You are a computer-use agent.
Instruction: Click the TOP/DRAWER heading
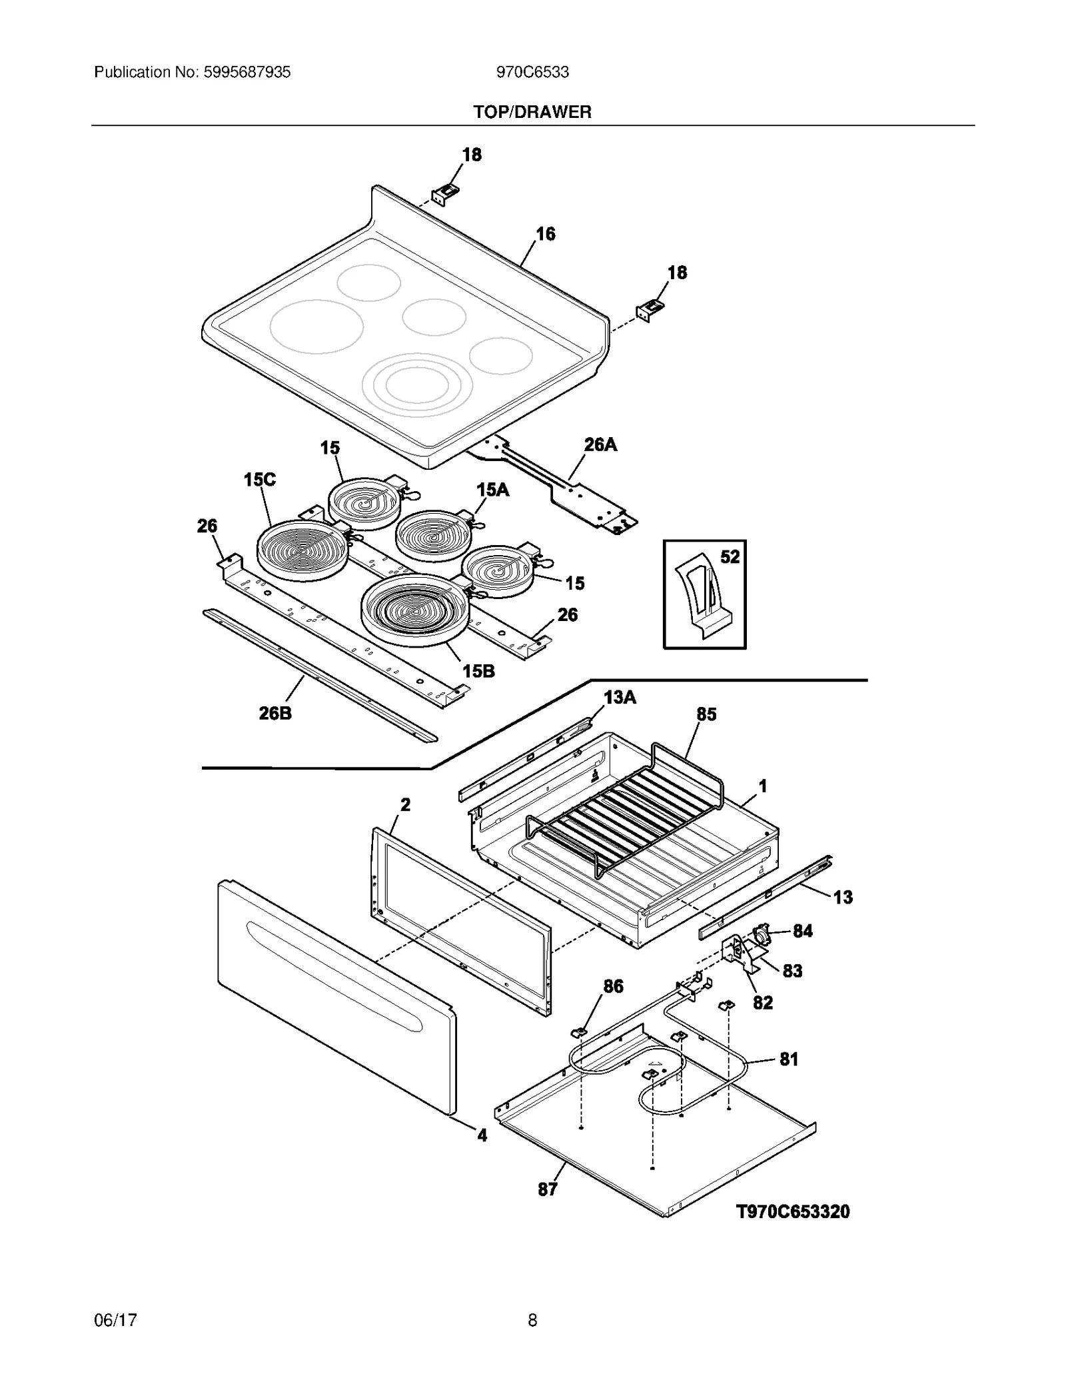click(x=532, y=112)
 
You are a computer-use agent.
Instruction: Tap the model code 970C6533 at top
click(x=532, y=72)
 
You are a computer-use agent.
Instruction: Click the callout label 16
click(x=545, y=234)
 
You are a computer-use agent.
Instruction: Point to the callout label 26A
click(x=600, y=444)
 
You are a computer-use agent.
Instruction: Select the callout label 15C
click(x=259, y=479)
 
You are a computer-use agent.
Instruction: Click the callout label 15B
click(x=478, y=671)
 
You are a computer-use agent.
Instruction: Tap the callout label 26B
click(x=274, y=714)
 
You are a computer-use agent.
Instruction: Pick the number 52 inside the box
click(x=730, y=556)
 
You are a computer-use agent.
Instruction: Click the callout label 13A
click(x=620, y=697)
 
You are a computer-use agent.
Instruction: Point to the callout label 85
click(x=706, y=714)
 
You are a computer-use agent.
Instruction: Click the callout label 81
click(x=788, y=1059)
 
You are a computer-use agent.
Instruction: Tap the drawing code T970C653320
click(x=792, y=1211)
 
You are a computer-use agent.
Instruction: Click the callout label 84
click(x=802, y=931)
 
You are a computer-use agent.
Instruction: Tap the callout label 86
click(x=613, y=986)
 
